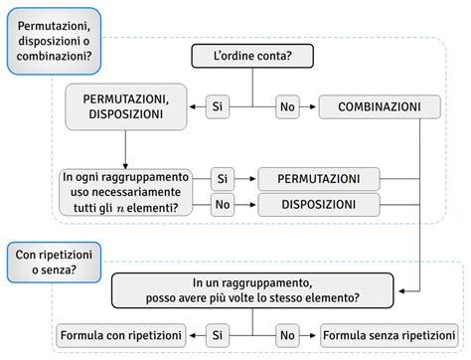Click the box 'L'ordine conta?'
click(253, 56)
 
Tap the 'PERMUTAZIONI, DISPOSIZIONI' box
click(127, 106)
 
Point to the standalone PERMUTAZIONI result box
click(320, 179)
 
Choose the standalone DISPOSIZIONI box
click(320, 205)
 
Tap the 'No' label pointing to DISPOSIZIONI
click(223, 205)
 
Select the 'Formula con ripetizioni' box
click(120, 335)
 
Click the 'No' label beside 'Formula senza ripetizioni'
click(287, 335)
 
